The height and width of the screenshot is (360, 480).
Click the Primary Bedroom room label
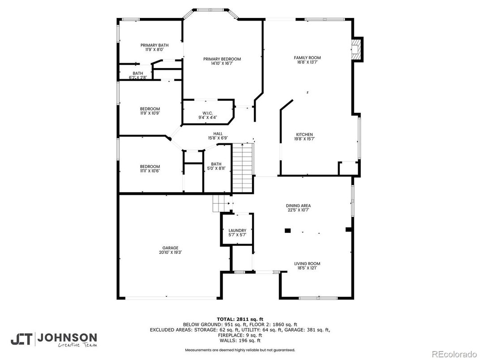pyautogui.click(x=222, y=59)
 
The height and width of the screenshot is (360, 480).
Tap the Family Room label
pyautogui.click(x=307, y=58)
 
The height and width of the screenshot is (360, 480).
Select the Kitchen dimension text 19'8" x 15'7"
pyautogui.click(x=304, y=139)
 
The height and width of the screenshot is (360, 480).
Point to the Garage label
pyautogui.click(x=170, y=248)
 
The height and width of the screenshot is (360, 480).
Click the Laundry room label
pyautogui.click(x=237, y=231)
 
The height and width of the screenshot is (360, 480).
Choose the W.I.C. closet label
pyautogui.click(x=207, y=113)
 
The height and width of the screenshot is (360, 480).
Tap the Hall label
pyautogui.click(x=218, y=133)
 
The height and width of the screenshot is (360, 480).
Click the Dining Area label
pyautogui.click(x=298, y=206)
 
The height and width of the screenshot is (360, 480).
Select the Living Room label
pyautogui.click(x=307, y=264)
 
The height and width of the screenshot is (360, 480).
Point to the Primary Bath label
pyautogui.click(x=154, y=45)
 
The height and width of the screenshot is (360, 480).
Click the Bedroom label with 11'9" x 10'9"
pyautogui.click(x=150, y=109)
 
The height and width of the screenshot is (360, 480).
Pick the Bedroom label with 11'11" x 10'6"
pyautogui.click(x=150, y=167)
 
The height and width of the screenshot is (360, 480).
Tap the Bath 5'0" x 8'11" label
pyautogui.click(x=216, y=164)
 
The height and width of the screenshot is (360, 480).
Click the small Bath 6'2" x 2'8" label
pyautogui.click(x=137, y=73)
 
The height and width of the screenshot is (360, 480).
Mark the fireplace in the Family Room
pyautogui.click(x=356, y=49)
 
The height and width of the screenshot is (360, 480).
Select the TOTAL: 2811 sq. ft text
pyautogui.click(x=240, y=318)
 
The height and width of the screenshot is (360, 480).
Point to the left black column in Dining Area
pyautogui.click(x=287, y=231)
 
